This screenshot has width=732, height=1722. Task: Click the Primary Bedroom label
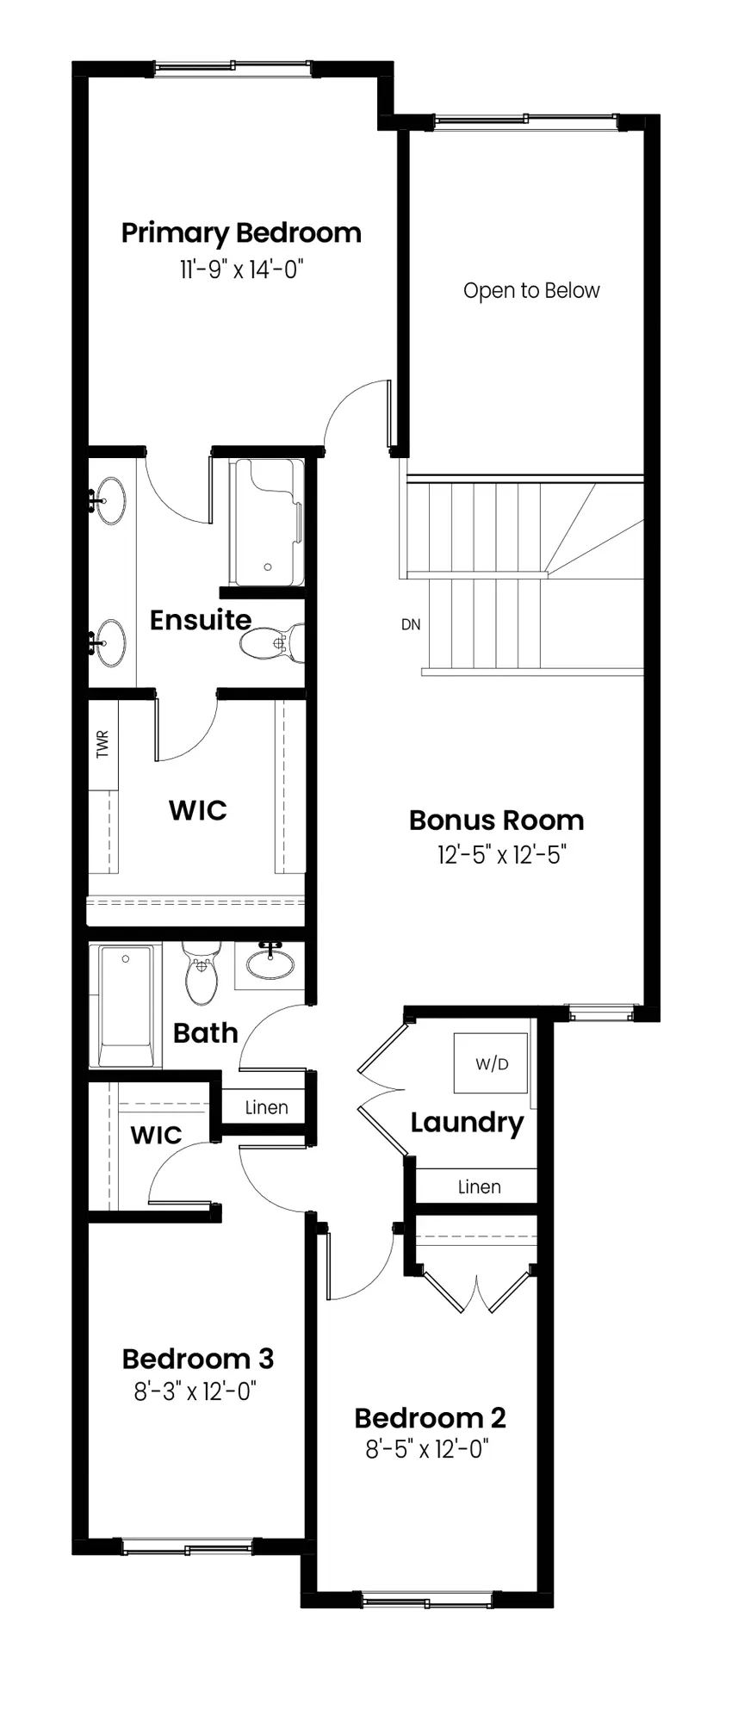coord(241,233)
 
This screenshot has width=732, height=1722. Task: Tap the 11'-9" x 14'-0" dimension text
coord(242,269)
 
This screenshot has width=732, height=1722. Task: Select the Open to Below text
coord(531,291)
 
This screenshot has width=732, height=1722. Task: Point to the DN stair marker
coord(411,624)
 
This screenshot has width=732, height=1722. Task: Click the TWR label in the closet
coord(103,745)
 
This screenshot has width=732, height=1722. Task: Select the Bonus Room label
coord(497,820)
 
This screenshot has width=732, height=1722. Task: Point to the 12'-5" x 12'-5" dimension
coord(501,855)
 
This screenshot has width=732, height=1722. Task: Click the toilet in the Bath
coord(201,973)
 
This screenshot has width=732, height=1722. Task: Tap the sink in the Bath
coord(270,963)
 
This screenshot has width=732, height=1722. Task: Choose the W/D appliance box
coord(491,1062)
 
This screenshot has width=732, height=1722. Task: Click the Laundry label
coord(467,1123)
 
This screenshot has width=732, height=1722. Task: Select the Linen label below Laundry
coord(480,1186)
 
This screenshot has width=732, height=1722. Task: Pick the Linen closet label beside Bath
coord(266,1107)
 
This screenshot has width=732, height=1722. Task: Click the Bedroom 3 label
coord(198,1359)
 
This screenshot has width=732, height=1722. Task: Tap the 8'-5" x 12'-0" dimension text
coord(427,1449)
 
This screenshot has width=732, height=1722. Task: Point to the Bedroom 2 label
coord(430,1417)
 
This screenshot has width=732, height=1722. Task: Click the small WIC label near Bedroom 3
coord(156,1135)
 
